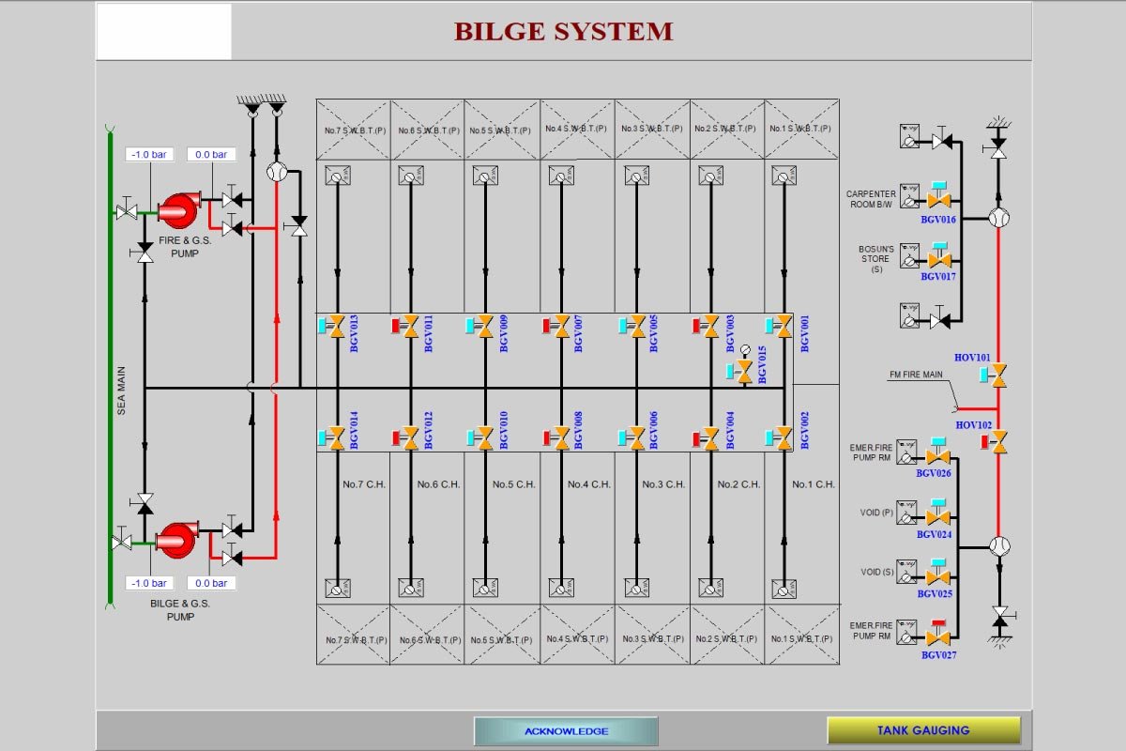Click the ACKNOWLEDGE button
click(566, 731)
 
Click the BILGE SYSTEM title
click(563, 31)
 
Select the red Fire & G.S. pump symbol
click(175, 210)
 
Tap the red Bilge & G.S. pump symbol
click(175, 540)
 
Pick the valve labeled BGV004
click(711, 437)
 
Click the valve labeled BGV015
click(744, 372)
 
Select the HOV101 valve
click(999, 375)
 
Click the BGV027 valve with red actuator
click(937, 636)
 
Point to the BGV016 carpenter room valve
click(937, 200)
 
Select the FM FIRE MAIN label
click(916, 375)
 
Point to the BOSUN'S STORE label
click(876, 258)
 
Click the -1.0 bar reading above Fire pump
click(148, 154)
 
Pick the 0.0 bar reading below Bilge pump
click(210, 583)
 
